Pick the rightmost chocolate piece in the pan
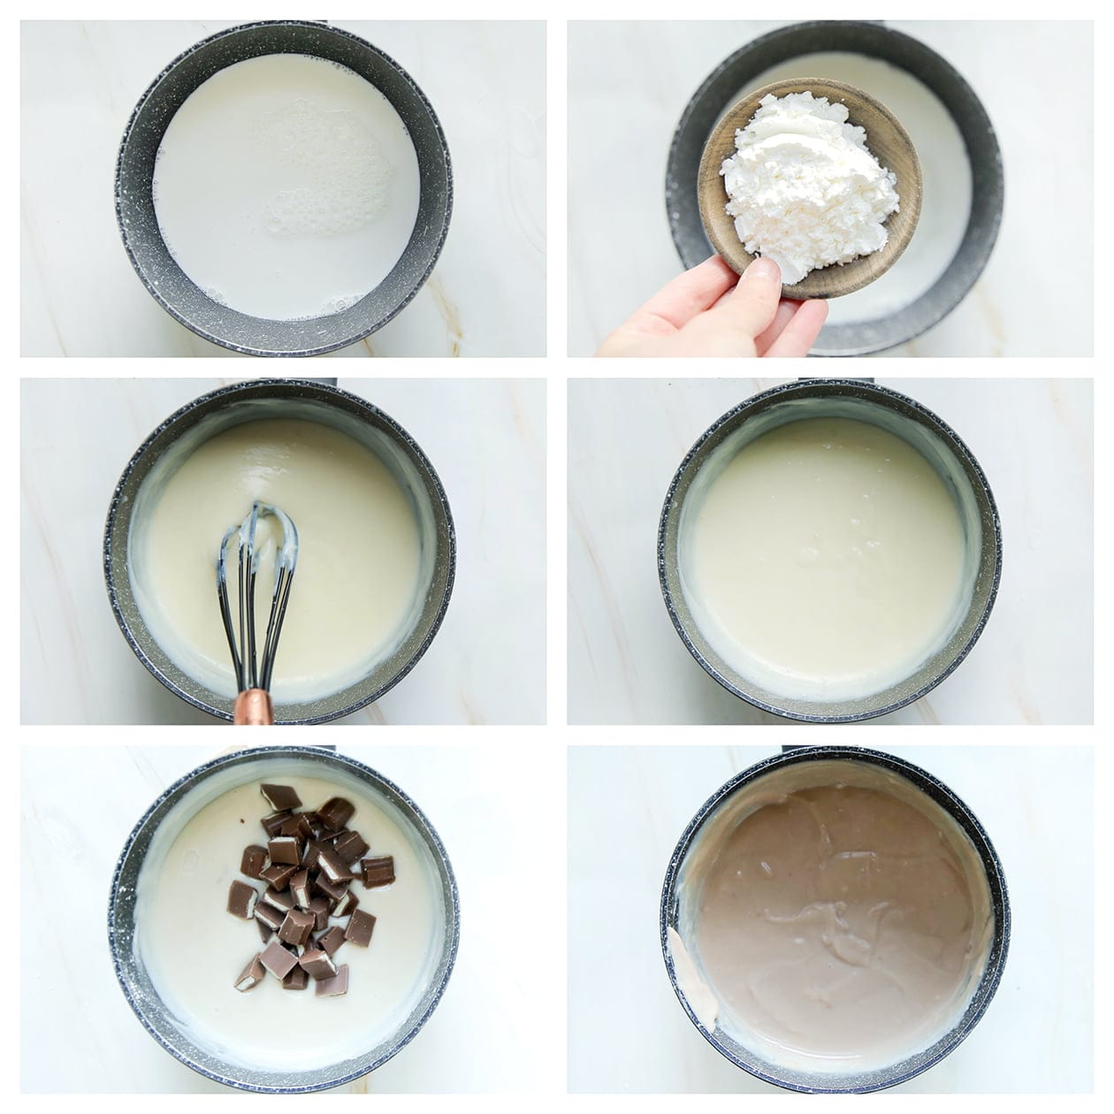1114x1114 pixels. [x=378, y=871]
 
